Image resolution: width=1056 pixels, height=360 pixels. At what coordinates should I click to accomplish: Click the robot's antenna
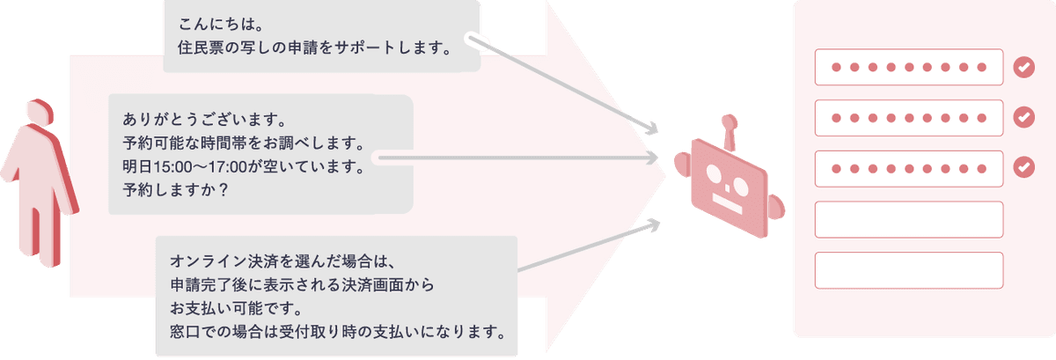click(730, 132)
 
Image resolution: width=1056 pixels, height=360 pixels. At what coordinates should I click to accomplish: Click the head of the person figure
click(40, 113)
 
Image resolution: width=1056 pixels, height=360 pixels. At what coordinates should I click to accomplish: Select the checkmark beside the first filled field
click(1024, 68)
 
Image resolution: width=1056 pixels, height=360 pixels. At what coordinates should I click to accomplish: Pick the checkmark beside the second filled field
click(1024, 117)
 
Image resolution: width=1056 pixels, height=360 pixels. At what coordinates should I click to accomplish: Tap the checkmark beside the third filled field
click(1024, 167)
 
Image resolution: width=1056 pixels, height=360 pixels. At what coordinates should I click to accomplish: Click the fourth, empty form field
click(909, 219)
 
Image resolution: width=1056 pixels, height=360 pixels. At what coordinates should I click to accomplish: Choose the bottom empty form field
click(909, 270)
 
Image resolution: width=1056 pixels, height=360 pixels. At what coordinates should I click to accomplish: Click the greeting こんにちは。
click(221, 24)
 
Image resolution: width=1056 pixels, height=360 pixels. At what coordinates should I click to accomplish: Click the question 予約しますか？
click(175, 189)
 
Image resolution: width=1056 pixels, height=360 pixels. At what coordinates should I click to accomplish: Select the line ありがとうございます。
click(204, 120)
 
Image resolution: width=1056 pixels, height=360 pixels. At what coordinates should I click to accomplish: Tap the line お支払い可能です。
click(237, 308)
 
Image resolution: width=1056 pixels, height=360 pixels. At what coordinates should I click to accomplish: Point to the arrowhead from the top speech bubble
click(651, 129)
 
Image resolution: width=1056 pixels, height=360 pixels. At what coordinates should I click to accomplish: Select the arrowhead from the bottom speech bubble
click(653, 225)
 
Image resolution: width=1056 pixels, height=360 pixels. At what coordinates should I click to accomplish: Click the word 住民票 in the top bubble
click(201, 48)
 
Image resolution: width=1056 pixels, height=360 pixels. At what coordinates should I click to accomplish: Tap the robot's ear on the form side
click(776, 208)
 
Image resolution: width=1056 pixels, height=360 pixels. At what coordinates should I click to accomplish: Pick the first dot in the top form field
click(836, 68)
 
